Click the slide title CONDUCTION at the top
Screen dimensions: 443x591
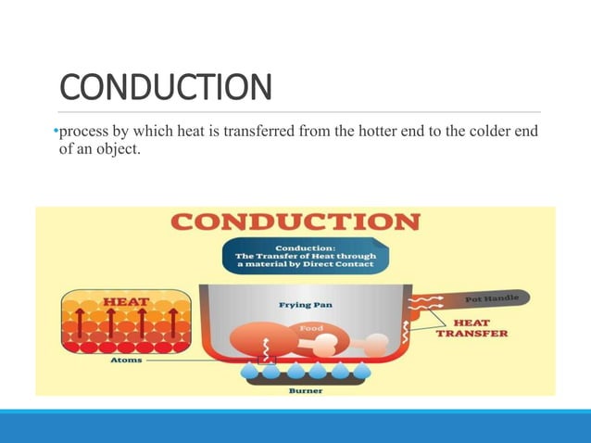167,88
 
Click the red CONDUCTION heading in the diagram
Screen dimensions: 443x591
295,223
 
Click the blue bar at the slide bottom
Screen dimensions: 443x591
295,426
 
